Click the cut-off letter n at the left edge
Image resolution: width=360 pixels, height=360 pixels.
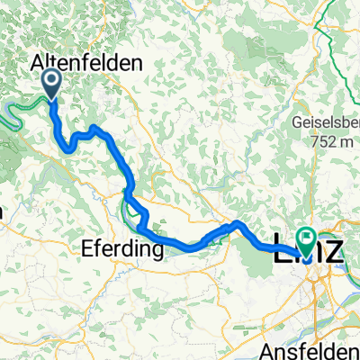pyautogui.click(x=3, y=213)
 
